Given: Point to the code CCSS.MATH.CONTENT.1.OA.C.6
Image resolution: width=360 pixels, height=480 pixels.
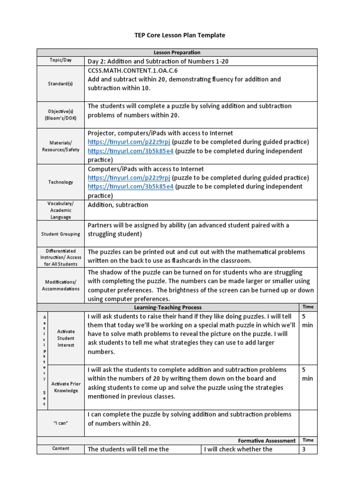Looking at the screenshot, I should (134, 71).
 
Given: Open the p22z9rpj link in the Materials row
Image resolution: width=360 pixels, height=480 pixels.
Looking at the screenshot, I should (129, 142).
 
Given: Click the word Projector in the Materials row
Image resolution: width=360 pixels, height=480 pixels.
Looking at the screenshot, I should (102, 133).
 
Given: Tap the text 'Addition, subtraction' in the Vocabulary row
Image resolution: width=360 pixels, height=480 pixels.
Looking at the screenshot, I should (118, 205).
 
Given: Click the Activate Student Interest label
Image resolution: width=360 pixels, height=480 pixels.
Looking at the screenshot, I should (66, 338).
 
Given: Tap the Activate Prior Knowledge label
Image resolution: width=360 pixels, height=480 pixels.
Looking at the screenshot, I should (66, 387).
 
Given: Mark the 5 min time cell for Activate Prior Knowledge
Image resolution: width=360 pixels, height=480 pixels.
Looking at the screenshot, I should (307, 374).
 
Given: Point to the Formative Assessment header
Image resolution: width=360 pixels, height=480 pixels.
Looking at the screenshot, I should (266, 441).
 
